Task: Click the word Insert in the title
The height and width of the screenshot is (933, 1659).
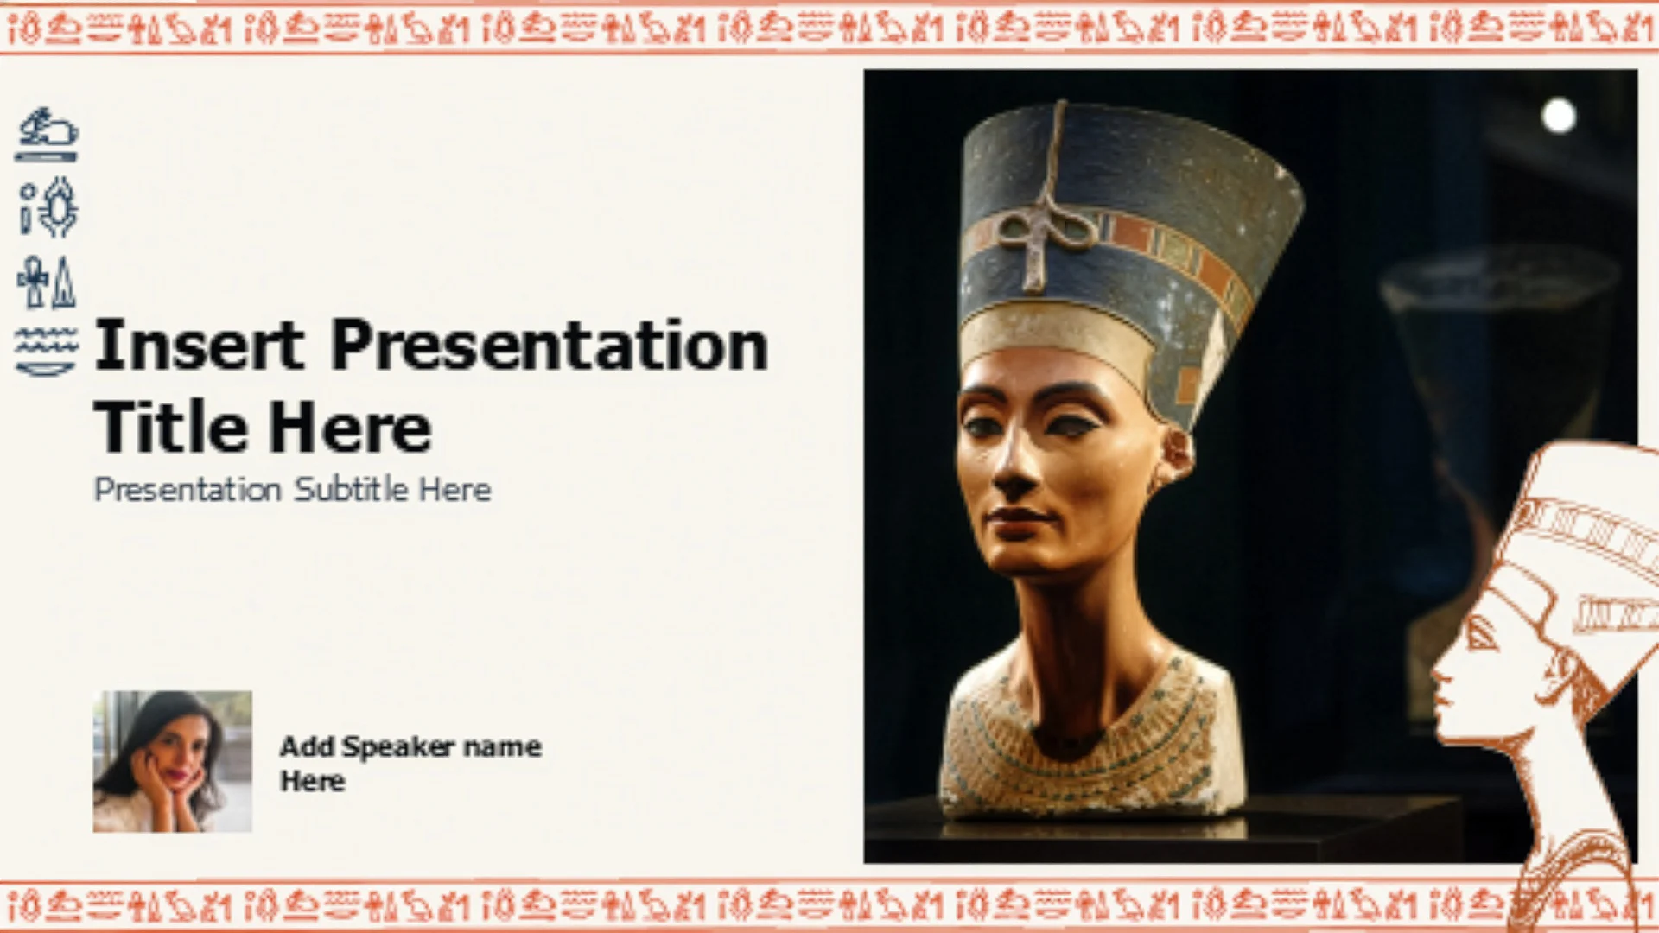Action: pos(199,346)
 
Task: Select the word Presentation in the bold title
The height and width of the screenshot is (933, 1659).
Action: pos(550,346)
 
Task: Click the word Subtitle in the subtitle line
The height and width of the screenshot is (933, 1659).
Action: pos(351,489)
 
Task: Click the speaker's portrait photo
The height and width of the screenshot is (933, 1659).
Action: pos(173,761)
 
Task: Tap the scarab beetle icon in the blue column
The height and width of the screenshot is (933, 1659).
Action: pos(48,207)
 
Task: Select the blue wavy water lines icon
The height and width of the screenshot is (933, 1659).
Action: pos(47,352)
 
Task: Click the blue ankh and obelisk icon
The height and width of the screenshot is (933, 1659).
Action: pos(47,282)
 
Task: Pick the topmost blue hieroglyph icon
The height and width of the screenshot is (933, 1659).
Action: pos(47,135)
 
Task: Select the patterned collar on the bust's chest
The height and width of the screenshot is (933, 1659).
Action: pos(1090,743)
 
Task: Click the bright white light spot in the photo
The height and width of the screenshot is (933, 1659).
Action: pos(1559,115)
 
